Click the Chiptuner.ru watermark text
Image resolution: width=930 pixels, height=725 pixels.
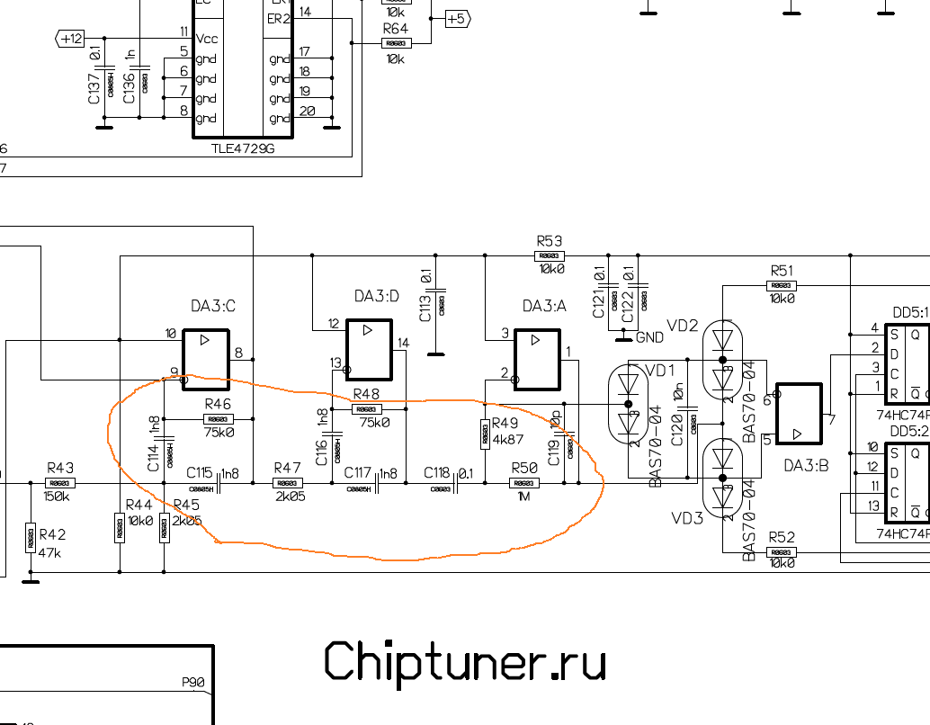pos(464,662)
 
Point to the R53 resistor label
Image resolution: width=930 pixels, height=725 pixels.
pos(549,241)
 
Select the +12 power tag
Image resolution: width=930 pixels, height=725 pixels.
pos(70,39)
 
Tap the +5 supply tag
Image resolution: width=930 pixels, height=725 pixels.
pos(457,18)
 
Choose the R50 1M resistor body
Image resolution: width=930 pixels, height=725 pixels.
pos(523,483)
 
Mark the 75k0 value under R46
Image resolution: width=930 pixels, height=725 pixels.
pos(219,432)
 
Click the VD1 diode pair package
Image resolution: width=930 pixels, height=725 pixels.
pos(629,405)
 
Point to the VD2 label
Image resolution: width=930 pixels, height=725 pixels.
pos(682,326)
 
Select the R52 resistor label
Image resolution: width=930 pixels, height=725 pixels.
pos(782,538)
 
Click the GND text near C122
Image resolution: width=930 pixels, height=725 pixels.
pos(649,337)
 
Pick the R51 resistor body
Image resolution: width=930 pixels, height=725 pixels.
pos(782,286)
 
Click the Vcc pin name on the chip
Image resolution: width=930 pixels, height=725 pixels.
pos(206,39)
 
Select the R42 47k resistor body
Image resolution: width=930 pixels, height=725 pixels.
pos(31,538)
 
